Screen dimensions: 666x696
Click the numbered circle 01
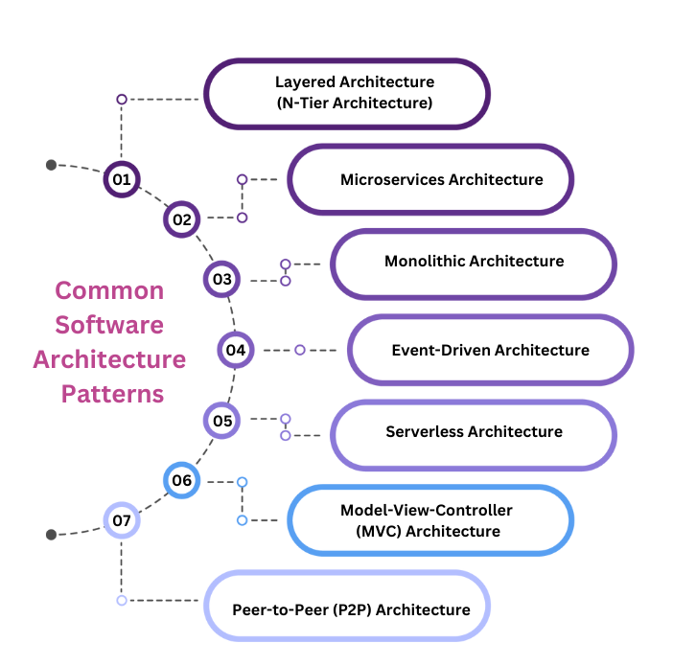(x=122, y=179)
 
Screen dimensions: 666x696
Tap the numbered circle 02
(x=181, y=219)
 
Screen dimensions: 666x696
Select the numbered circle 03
(x=222, y=280)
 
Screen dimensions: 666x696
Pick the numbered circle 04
(x=236, y=350)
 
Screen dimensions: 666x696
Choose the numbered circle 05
(x=222, y=420)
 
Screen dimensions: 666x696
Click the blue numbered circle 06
(x=181, y=480)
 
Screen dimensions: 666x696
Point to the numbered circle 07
(x=122, y=521)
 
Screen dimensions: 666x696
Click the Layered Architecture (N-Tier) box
(x=347, y=94)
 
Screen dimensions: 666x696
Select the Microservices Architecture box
(x=430, y=179)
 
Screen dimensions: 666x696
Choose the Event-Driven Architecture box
(x=490, y=350)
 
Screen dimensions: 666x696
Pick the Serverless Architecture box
(x=473, y=434)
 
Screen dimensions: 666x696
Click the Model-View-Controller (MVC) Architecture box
(x=430, y=520)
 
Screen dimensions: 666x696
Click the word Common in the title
(x=109, y=290)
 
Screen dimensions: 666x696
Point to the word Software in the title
(x=109, y=325)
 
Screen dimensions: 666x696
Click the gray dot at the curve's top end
(x=52, y=165)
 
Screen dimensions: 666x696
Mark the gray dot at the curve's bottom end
(x=52, y=535)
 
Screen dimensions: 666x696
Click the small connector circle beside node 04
(x=300, y=350)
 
